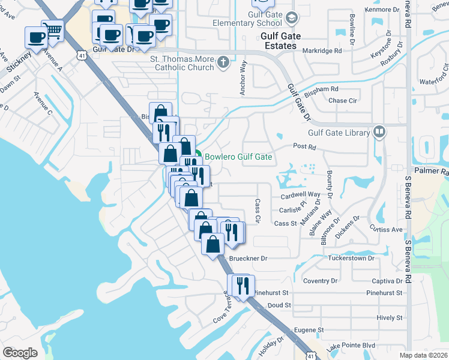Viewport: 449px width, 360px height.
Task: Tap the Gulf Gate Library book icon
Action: pyautogui.click(x=379, y=132)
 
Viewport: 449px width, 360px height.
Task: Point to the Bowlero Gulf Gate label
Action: pyautogui.click(x=238, y=157)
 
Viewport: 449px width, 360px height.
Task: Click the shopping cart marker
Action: pyautogui.click(x=53, y=30)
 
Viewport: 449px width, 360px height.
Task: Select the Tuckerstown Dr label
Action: pyautogui.click(x=351, y=258)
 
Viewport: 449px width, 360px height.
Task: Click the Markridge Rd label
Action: pyautogui.click(x=322, y=51)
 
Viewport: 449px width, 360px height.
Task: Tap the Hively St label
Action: pyautogui.click(x=390, y=317)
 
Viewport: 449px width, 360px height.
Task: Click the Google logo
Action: pyautogui.click(x=20, y=353)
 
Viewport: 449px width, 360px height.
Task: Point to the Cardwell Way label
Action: pyautogui.click(x=301, y=195)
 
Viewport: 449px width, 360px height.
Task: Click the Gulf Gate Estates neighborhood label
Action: pyautogui.click(x=279, y=41)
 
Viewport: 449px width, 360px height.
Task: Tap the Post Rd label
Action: pyautogui.click(x=304, y=146)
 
